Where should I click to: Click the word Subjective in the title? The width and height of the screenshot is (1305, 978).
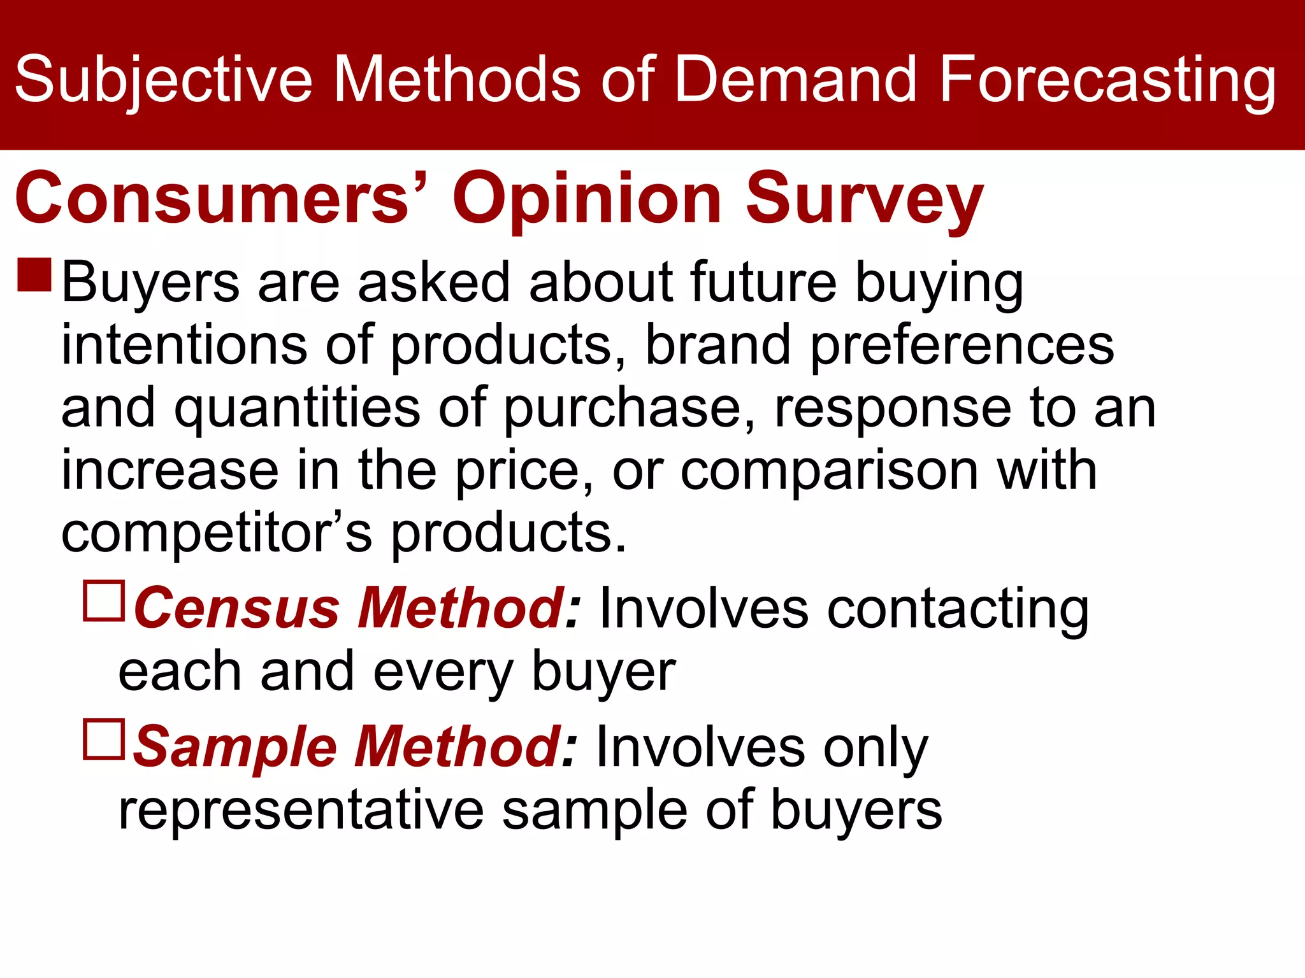coord(163,80)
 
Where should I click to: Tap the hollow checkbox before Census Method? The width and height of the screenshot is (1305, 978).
coord(104,600)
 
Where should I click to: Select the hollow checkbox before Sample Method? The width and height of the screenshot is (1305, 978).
coord(104,739)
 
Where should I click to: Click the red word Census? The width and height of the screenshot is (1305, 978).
coord(236,608)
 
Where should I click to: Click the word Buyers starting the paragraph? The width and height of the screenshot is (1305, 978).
coord(150,283)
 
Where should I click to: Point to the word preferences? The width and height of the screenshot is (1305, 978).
coord(962,346)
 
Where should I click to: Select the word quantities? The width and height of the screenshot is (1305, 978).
coord(297,407)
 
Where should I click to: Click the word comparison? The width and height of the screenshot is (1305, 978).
coord(829,471)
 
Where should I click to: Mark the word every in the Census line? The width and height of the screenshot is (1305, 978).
coord(443,672)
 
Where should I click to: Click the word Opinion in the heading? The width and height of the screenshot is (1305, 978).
coord(586,199)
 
